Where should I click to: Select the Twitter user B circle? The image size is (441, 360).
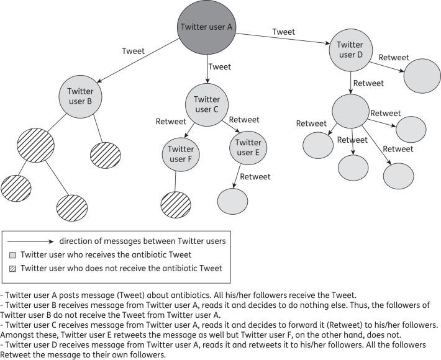pos(80,97)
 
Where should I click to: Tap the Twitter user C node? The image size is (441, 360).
pos(207,104)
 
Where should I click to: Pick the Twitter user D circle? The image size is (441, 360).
pos(350,50)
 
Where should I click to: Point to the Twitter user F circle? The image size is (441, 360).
pos(181,153)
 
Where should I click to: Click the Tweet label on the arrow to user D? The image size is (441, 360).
pos(283,32)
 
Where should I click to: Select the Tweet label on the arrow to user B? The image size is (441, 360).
pos(134,52)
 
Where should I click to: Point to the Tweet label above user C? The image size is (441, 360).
pos(220,66)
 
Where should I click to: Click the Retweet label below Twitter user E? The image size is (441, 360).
pos(255,177)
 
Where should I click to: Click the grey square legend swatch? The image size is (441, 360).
pos(14,254)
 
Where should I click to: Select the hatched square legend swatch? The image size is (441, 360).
pos(14,268)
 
